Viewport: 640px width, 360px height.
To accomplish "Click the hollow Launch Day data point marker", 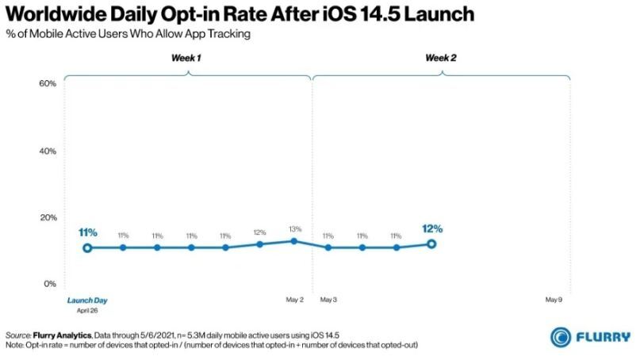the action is (87, 247).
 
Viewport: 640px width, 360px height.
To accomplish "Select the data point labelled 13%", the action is (294, 241).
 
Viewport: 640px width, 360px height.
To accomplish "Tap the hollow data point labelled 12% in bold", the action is (431, 244).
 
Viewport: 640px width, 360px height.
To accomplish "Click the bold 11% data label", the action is (88, 232).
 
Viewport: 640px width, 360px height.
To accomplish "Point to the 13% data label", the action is (295, 229).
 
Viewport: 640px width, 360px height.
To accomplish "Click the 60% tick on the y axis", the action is (48, 83).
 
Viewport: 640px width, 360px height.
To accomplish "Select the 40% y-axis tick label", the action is (48, 151).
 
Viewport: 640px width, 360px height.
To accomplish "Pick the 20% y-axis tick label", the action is (48, 217).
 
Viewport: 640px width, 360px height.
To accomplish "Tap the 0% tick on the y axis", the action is (50, 284).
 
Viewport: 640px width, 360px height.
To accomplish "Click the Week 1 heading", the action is (186, 58).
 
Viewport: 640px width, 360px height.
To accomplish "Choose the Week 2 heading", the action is (441, 58).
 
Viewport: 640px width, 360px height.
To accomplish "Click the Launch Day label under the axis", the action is (87, 301).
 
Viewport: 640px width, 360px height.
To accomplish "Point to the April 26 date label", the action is (87, 311).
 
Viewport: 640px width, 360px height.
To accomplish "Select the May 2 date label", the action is (295, 300).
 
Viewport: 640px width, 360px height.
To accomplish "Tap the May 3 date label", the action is (328, 300).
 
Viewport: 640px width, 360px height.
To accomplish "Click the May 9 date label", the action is (554, 300).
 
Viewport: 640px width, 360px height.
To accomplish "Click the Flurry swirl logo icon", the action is (561, 337).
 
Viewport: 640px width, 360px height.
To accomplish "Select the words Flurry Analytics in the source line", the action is (62, 335).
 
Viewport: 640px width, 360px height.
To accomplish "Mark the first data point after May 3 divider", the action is (328, 247).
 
